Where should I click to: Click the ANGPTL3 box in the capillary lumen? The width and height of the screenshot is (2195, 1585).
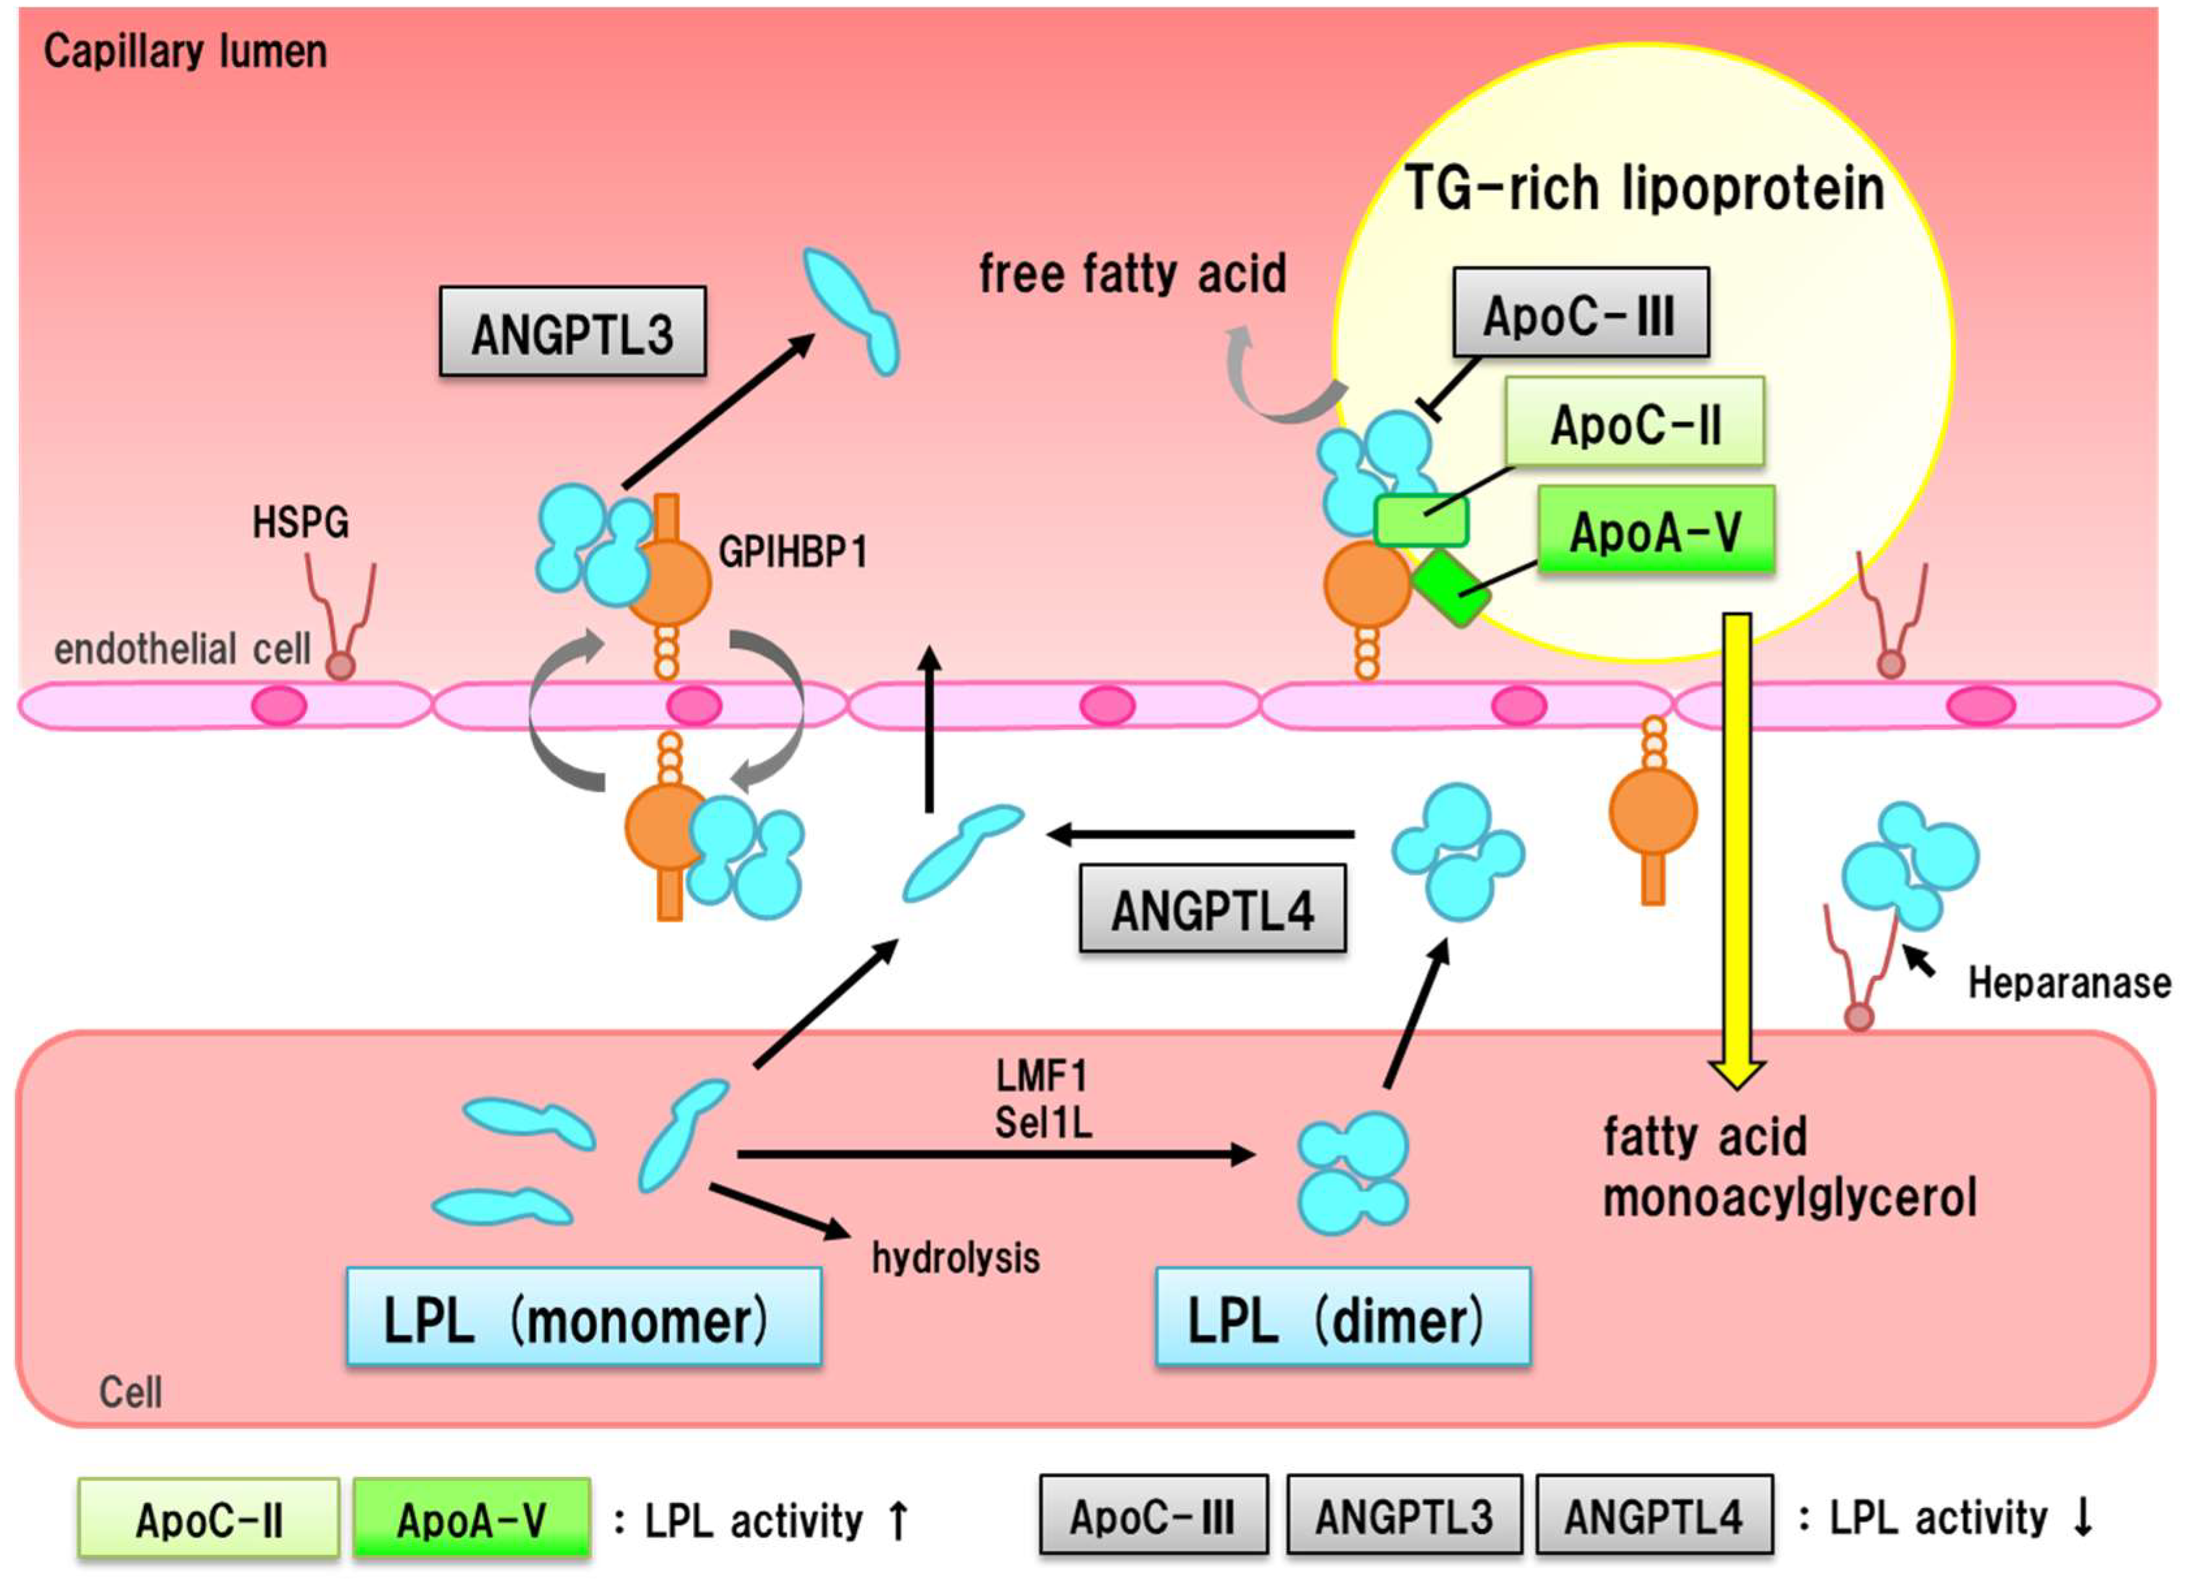click(x=572, y=332)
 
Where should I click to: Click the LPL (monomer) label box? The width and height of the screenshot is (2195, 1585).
click(x=584, y=1318)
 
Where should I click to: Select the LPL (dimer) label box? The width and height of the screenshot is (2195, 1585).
click(x=1343, y=1318)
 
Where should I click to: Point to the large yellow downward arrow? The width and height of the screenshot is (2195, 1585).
click(x=1738, y=852)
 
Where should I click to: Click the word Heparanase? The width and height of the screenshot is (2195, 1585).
click(x=2069, y=983)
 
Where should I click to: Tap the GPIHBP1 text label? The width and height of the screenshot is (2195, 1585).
click(x=793, y=552)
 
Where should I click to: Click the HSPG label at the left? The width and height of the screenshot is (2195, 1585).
click(x=300, y=522)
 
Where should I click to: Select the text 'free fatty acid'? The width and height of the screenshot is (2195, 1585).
click(x=1132, y=274)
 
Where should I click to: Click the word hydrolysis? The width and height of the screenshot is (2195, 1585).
click(x=955, y=1258)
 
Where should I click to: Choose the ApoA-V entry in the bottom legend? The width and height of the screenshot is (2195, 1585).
click(x=471, y=1519)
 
